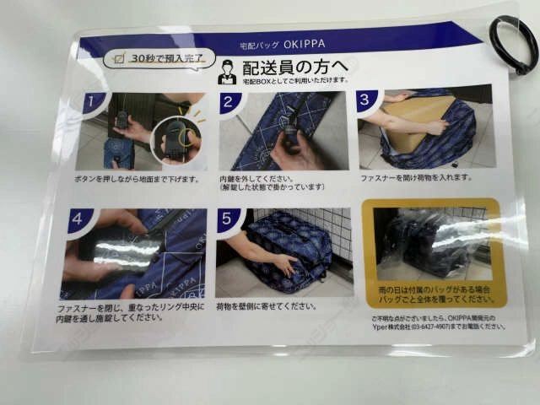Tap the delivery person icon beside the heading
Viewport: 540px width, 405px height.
[227, 73]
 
